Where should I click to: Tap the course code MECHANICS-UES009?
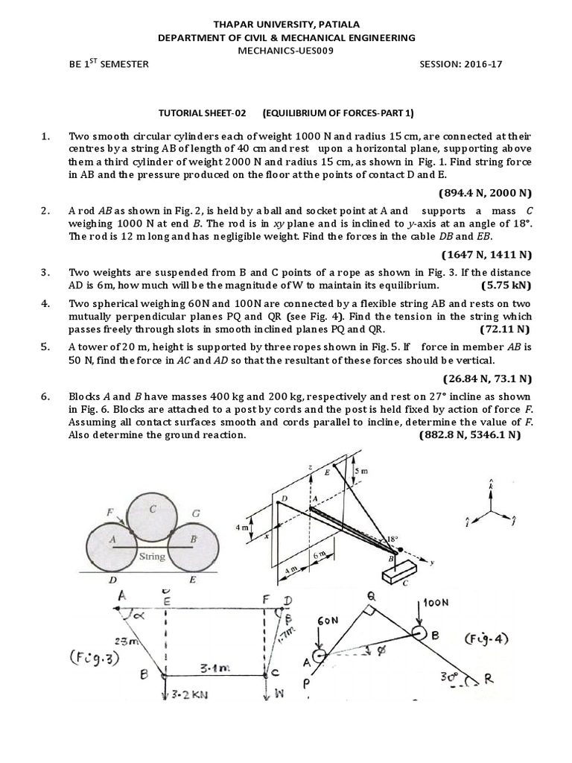(285, 51)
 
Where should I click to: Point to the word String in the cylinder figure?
(152, 556)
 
